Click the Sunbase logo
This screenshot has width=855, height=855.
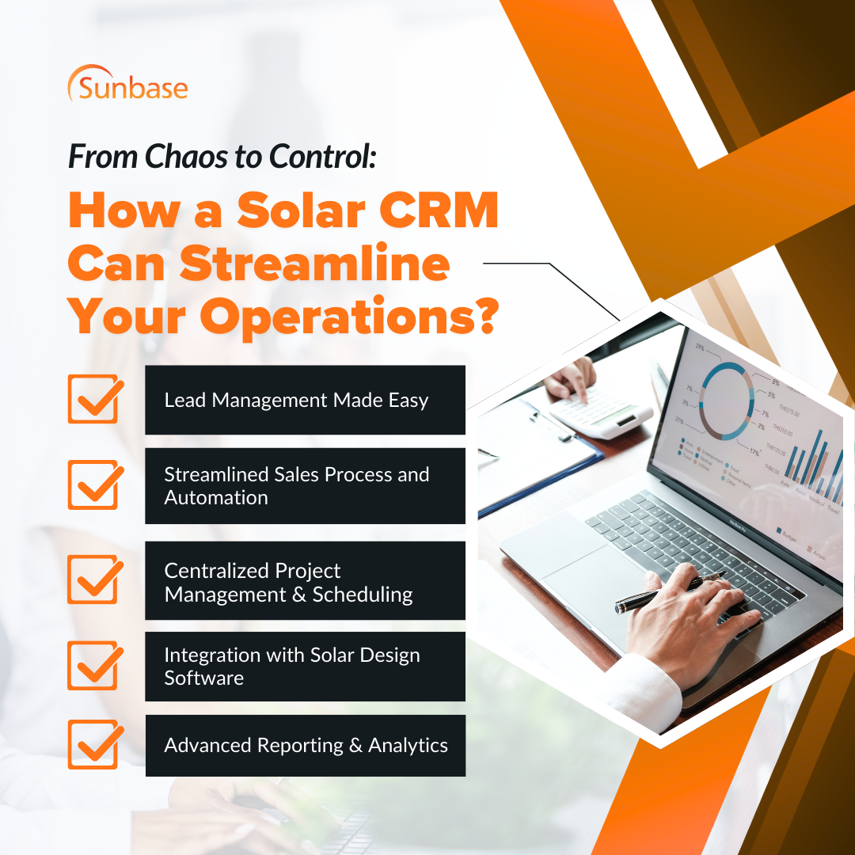tap(127, 84)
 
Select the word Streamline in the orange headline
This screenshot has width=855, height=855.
tap(315, 265)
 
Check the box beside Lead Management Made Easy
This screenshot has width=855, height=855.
tap(93, 399)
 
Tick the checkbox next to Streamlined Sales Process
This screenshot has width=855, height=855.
tap(93, 485)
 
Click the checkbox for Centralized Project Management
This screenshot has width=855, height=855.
tap(93, 579)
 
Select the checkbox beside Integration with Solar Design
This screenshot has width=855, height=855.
tap(93, 666)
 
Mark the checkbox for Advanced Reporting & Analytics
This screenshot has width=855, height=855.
tap(93, 745)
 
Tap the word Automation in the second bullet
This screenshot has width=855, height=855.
tap(215, 498)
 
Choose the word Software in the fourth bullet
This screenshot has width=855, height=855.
tap(203, 678)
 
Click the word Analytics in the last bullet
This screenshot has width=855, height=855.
tap(408, 746)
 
